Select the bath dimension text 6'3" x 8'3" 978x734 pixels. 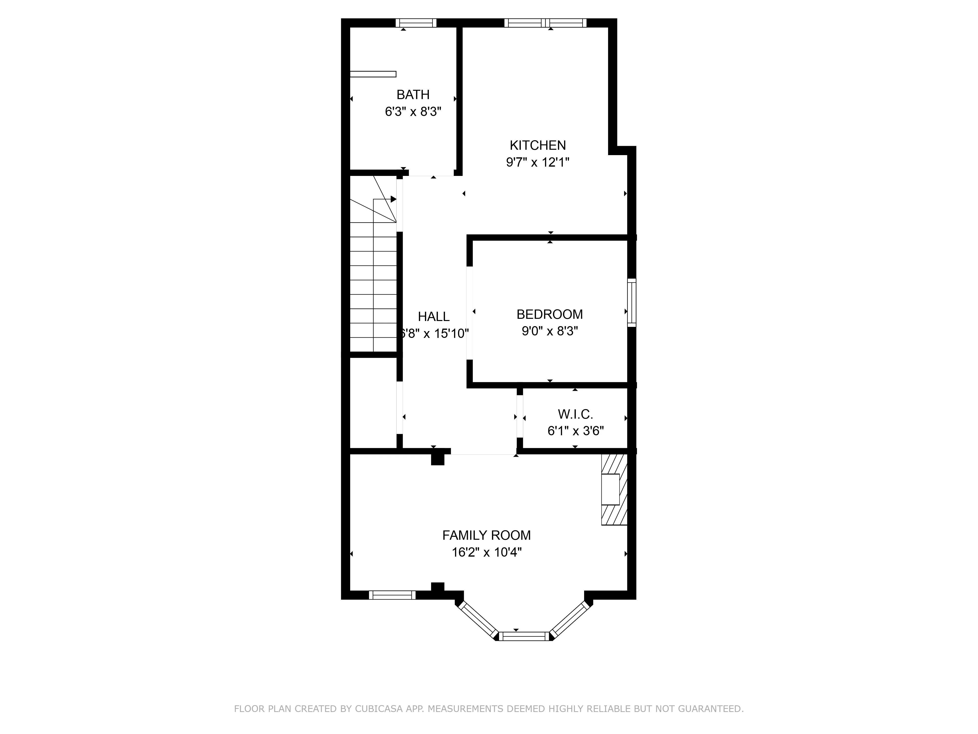click(x=413, y=112)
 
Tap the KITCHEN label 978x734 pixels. click(x=538, y=145)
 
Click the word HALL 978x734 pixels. click(x=434, y=316)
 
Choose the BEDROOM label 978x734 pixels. click(x=550, y=314)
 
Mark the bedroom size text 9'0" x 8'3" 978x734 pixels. click(x=550, y=331)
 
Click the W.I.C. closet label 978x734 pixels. click(x=575, y=414)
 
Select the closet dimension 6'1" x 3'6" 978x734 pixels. click(x=576, y=430)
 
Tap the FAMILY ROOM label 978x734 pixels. click(x=486, y=535)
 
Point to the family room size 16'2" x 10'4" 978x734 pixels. click(x=486, y=552)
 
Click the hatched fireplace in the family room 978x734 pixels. click(x=614, y=489)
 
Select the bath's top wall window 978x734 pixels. click(x=416, y=23)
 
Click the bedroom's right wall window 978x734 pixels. click(x=632, y=303)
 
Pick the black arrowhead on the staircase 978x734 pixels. click(x=393, y=199)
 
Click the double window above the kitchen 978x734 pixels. click(x=545, y=23)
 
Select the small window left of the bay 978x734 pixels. click(x=392, y=595)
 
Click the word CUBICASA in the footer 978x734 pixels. click(x=378, y=709)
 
